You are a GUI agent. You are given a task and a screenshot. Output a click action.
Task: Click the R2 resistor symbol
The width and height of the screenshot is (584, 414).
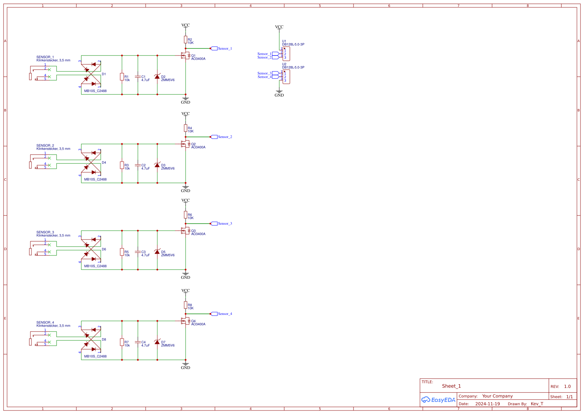tap(185, 40)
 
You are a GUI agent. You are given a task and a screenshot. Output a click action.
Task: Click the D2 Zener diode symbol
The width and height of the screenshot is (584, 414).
tap(157, 76)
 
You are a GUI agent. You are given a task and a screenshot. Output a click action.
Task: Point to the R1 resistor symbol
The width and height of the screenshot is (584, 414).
tap(122, 76)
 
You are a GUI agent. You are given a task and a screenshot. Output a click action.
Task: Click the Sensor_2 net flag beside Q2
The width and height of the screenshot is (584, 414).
tap(214, 137)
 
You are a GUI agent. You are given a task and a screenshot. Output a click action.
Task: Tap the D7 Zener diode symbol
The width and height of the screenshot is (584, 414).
tap(157, 342)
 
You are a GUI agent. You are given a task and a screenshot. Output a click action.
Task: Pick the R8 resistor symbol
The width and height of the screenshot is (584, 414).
tap(185, 305)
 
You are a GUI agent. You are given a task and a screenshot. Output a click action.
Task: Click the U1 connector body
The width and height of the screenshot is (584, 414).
tap(286, 54)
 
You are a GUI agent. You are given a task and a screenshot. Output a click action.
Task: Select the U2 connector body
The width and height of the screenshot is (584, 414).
tap(286, 77)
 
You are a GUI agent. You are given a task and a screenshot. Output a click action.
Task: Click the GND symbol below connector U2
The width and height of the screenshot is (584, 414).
tap(279, 93)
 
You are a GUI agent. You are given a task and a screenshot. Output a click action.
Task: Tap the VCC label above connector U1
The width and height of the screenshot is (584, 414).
tap(279, 27)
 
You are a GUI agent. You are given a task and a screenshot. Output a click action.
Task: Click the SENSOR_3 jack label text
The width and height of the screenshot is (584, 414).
tap(45, 232)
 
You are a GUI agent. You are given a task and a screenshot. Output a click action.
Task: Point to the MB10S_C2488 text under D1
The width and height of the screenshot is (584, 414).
tap(95, 91)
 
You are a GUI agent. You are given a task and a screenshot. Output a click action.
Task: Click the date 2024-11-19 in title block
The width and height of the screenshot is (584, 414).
tap(487, 404)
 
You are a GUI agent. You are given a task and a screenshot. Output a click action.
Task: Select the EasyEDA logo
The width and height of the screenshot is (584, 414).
tap(438, 400)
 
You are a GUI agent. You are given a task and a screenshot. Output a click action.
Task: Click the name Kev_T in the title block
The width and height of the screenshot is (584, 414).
tap(537, 404)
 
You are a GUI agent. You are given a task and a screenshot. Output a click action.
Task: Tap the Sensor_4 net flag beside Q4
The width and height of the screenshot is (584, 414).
tap(214, 314)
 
